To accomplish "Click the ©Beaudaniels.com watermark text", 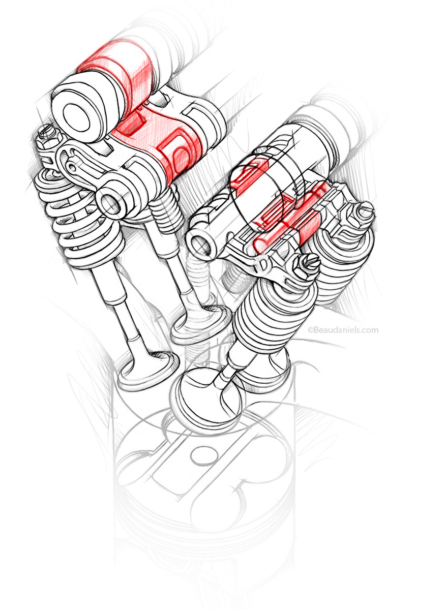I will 343,330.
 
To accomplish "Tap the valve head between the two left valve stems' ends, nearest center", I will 196,325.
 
